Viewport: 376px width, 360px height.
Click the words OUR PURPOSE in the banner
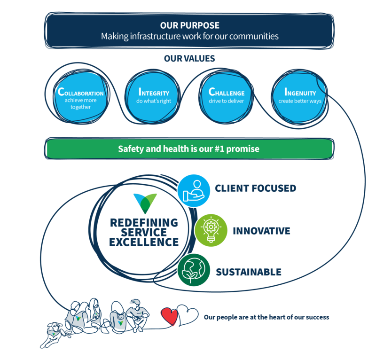[189, 25]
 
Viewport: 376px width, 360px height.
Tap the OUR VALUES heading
[189, 59]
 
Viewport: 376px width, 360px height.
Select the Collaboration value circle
[80, 98]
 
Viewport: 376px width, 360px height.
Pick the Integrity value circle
[154, 98]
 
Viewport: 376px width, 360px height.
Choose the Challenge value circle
[227, 98]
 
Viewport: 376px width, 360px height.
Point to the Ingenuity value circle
[300, 98]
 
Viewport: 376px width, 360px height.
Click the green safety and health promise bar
[189, 149]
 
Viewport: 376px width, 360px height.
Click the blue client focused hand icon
[194, 189]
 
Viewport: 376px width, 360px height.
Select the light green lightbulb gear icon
[211, 230]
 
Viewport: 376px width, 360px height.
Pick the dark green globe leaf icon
[194, 271]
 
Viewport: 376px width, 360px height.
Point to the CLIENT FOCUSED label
[255, 188]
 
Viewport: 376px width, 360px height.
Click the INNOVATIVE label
[261, 231]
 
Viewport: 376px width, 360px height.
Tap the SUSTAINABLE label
[249, 272]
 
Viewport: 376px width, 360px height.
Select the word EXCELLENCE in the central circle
[144, 243]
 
